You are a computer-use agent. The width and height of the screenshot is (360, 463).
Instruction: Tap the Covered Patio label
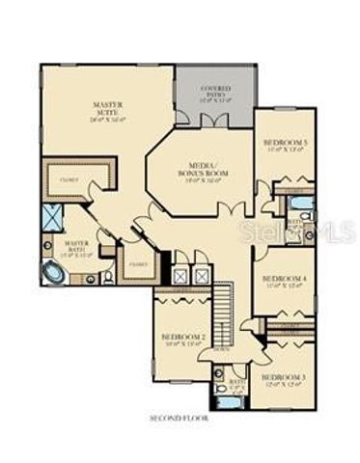pyautogui.click(x=214, y=94)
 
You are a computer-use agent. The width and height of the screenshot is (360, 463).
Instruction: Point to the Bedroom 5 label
pyautogui.click(x=284, y=146)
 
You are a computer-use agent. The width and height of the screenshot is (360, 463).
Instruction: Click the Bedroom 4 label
pyautogui.click(x=285, y=282)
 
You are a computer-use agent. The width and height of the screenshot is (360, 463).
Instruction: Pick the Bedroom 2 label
pyautogui.click(x=181, y=340)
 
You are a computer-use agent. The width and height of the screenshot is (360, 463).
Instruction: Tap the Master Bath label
pyautogui.click(x=78, y=249)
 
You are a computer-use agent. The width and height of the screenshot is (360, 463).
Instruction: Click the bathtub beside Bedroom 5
pyautogui.click(x=300, y=204)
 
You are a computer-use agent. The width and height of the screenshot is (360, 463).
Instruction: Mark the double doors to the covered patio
pyautogui.click(x=214, y=121)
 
